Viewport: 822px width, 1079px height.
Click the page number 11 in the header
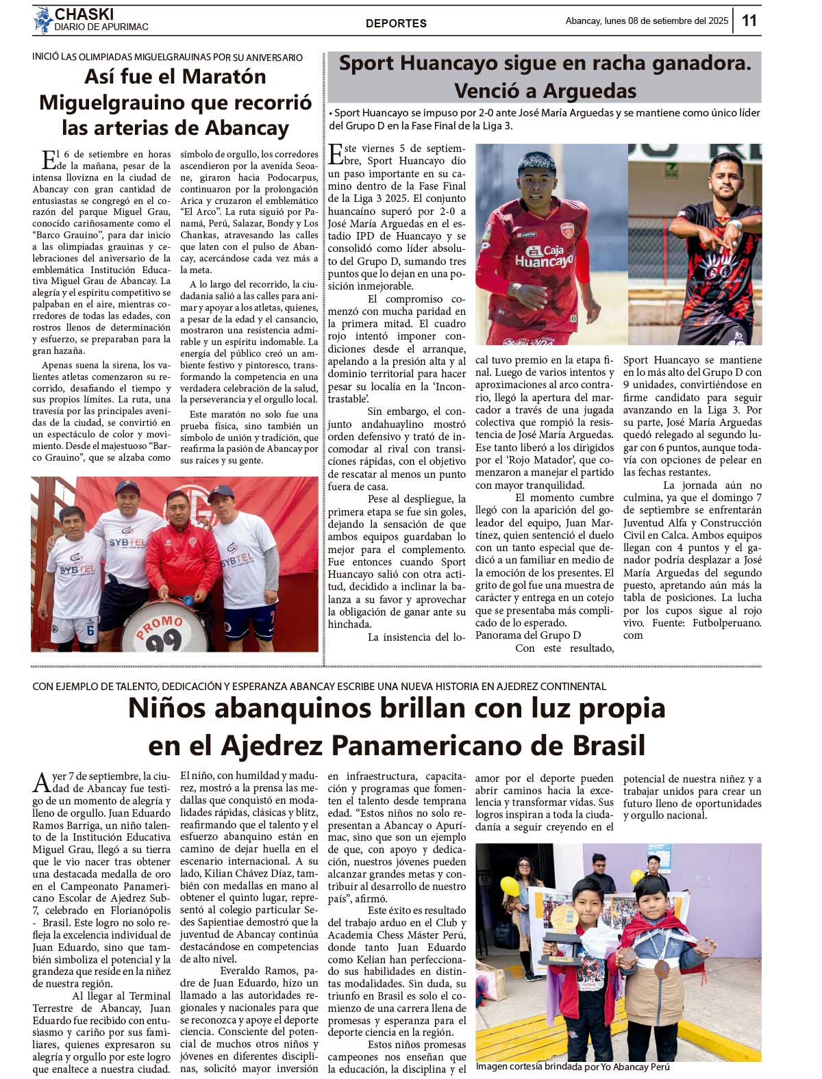tap(749, 21)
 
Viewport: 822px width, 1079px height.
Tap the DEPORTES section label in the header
tap(396, 23)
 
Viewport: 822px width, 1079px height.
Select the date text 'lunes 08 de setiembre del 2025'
tap(666, 21)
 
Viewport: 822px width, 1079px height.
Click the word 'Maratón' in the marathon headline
tap(221, 77)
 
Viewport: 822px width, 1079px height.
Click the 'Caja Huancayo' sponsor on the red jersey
tap(545, 256)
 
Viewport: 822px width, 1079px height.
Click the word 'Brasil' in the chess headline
tap(608, 745)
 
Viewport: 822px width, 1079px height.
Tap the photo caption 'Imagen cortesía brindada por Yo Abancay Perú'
tap(573, 1067)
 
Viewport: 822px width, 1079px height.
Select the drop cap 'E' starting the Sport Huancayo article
tap(336, 155)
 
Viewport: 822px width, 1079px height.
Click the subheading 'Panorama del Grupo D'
tap(527, 635)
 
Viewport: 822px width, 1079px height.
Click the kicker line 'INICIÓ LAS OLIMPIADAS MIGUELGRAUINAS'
tap(168, 58)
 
